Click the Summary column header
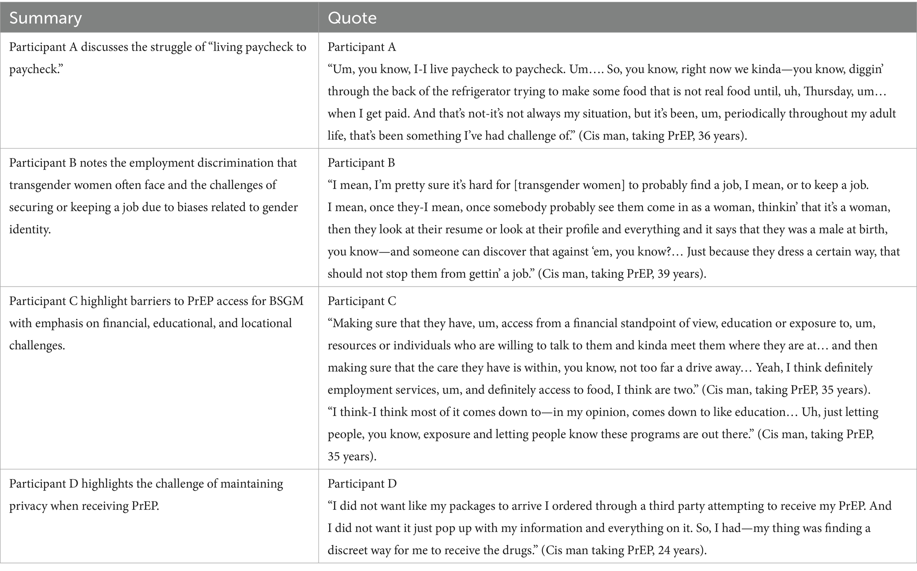45,18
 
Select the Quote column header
352,18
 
